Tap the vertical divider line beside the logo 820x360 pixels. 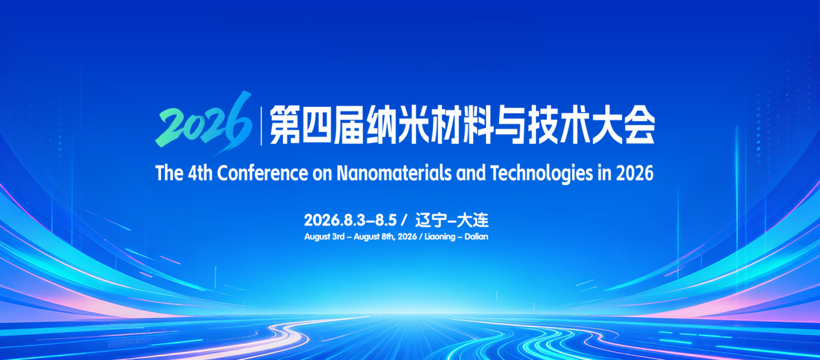261,126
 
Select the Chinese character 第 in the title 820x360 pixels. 285,125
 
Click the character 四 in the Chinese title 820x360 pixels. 316,125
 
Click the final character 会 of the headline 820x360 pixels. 639,125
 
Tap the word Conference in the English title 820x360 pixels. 263,173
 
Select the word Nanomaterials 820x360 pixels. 394,173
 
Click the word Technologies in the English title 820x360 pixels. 542,174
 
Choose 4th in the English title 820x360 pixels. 200,173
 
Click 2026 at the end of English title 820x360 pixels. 635,174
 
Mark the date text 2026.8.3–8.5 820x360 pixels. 350,220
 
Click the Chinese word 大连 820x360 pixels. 473,220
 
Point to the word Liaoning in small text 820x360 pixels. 440,237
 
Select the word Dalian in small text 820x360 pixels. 476,236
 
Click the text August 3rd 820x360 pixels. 324,237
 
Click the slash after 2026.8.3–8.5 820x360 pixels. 404,220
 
